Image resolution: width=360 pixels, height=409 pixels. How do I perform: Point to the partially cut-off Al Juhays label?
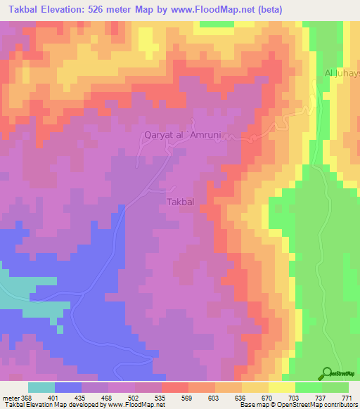point(342,73)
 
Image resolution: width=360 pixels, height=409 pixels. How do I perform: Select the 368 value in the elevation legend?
point(26,397)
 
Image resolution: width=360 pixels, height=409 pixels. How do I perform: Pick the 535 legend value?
point(160,397)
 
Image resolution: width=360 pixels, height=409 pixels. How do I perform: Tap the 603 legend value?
point(214,397)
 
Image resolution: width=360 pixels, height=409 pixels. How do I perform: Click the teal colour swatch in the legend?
point(41,387)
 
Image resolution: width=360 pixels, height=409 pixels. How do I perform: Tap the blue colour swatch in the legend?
point(68,387)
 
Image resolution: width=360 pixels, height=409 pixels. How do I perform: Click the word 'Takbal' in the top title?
point(21,10)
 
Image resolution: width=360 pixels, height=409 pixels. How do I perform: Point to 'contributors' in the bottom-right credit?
point(338,405)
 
